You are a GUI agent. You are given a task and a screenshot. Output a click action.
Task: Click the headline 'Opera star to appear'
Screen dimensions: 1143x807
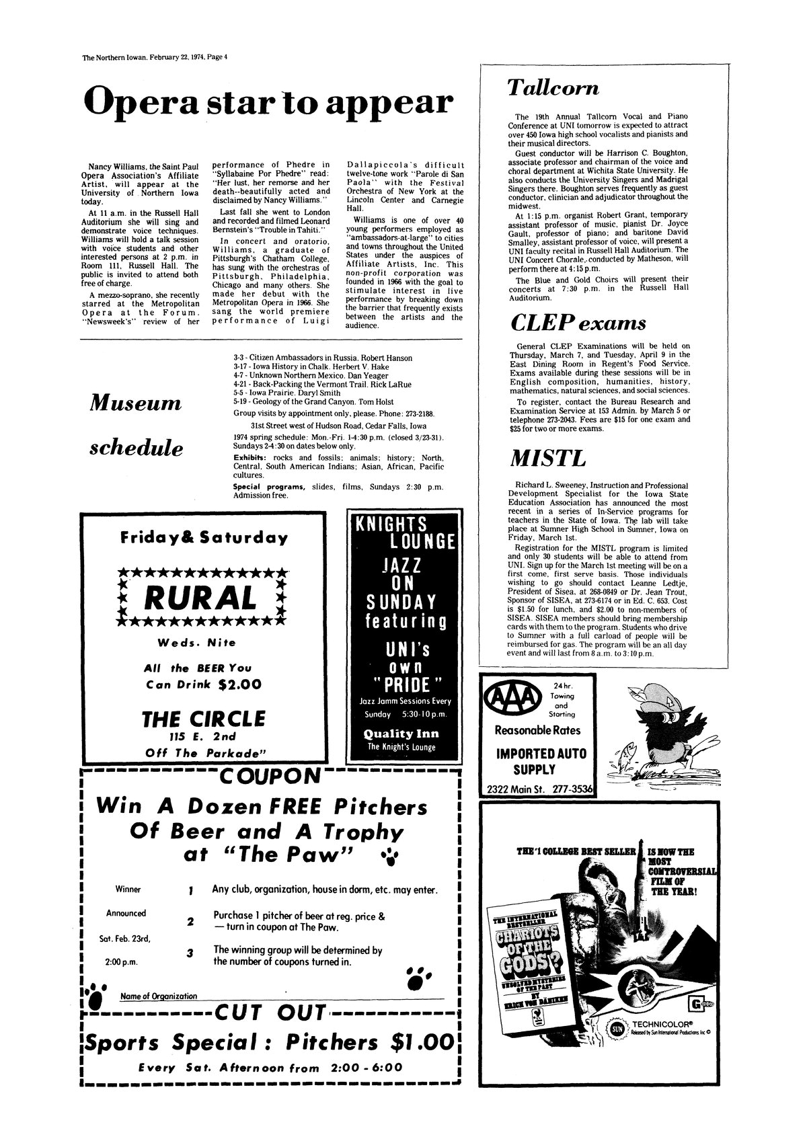[266, 102]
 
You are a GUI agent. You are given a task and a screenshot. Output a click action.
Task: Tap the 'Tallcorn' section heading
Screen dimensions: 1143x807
[553, 89]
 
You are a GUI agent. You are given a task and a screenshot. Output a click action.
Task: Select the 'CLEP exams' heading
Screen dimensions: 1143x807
[578, 323]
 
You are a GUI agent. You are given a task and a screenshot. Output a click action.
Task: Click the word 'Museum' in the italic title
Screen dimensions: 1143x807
[135, 403]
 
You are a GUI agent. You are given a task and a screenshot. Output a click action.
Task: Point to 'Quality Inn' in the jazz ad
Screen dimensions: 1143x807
[400, 734]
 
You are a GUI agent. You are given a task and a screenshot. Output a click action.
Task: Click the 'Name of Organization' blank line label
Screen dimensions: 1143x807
[159, 996]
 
